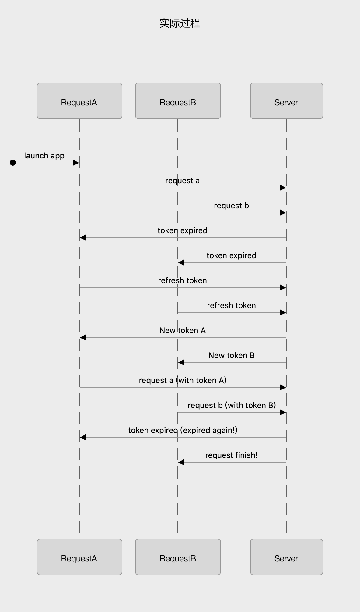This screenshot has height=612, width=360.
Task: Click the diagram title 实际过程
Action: pyautogui.click(x=180, y=23)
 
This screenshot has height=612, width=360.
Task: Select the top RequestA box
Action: pyautogui.click(x=79, y=101)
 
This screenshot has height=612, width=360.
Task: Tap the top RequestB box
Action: pyautogui.click(x=178, y=101)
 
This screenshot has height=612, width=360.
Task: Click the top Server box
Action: pyautogui.click(x=286, y=101)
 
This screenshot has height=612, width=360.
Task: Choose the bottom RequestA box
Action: pyautogui.click(x=79, y=557)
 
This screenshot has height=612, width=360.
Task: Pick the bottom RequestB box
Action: pyautogui.click(x=178, y=557)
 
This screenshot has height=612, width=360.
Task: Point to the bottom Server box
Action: pyautogui.click(x=286, y=557)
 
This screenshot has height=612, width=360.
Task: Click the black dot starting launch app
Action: pyautogui.click(x=13, y=163)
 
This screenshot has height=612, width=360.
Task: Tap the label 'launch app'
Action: pyautogui.click(x=44, y=156)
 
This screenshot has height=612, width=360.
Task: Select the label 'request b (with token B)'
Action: pyautogui.click(x=232, y=405)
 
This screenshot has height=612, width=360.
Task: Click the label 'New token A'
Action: pyautogui.click(x=182, y=330)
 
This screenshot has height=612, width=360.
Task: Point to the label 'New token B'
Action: pyautogui.click(x=231, y=355)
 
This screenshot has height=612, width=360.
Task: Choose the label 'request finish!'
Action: pyautogui.click(x=231, y=455)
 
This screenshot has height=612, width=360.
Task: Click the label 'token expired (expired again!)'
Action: pyautogui.click(x=183, y=430)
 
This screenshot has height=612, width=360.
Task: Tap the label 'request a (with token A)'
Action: pyautogui.click(x=183, y=380)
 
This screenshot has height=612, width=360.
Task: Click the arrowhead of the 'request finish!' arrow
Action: pyautogui.click(x=181, y=463)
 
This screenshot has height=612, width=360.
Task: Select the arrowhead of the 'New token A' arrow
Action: pyautogui.click(x=83, y=338)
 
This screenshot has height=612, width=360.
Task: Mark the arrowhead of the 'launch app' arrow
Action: pyautogui.click(x=76, y=163)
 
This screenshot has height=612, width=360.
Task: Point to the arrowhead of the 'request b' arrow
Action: pyautogui.click(x=283, y=213)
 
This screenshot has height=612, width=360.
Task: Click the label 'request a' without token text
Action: pyautogui.click(x=182, y=181)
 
